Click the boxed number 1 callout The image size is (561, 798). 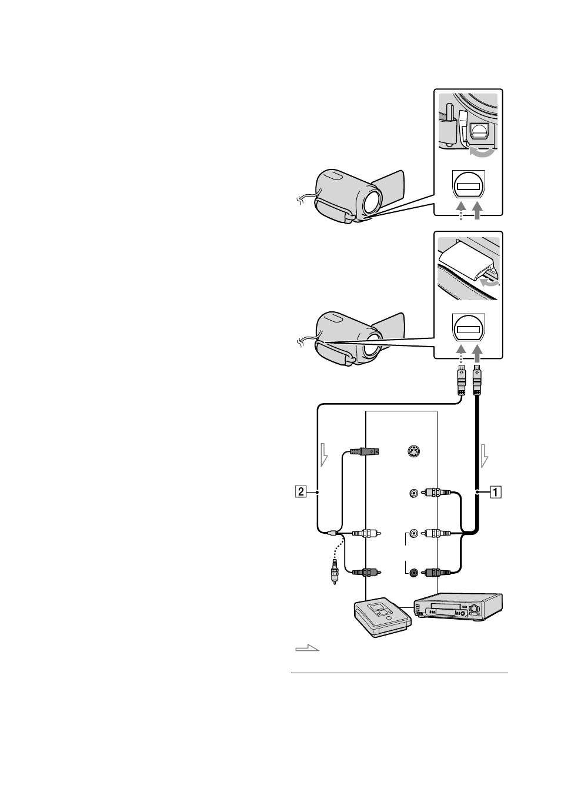coord(496,493)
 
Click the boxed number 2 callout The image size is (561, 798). coord(301,493)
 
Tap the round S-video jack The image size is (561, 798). coord(413,452)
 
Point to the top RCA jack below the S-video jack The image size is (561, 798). coord(413,493)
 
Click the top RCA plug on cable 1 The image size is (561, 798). coord(436,493)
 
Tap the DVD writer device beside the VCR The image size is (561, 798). coord(383,618)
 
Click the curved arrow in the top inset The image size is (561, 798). coord(482,152)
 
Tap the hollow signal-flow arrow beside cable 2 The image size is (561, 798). coord(324,454)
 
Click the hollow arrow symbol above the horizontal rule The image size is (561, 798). coord(307,648)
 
